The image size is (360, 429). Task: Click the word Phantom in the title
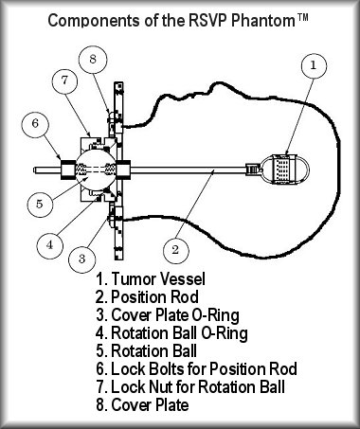pyautogui.click(x=263, y=21)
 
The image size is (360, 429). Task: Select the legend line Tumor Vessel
pyautogui.click(x=151, y=279)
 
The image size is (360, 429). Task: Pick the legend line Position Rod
pyautogui.click(x=147, y=297)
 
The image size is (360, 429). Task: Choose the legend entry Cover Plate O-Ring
pyautogui.click(x=168, y=315)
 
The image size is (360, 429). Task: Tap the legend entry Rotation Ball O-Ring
pyautogui.click(x=171, y=333)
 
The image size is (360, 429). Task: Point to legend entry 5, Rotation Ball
pyautogui.click(x=146, y=351)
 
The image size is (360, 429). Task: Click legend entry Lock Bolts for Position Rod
pyautogui.click(x=196, y=369)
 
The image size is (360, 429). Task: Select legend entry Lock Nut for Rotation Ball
pyautogui.click(x=190, y=387)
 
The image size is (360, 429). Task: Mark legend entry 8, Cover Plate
pyautogui.click(x=142, y=405)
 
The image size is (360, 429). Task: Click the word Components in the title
pyautogui.click(x=95, y=21)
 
